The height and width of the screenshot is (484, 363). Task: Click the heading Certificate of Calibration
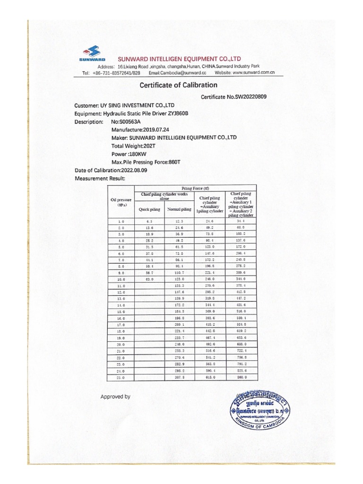point(178,86)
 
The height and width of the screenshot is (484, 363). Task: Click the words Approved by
point(115,397)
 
